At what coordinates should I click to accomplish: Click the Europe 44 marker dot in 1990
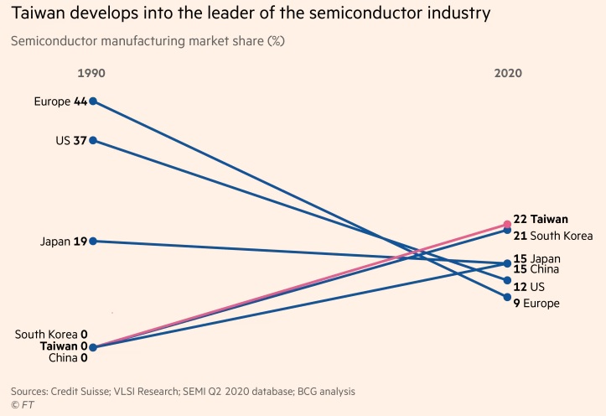click(93, 101)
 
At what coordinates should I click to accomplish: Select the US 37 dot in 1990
click(93, 140)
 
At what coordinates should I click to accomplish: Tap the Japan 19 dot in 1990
click(93, 242)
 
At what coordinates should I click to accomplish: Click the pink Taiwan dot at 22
click(507, 224)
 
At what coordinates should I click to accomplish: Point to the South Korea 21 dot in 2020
click(507, 230)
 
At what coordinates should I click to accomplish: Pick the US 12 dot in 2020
click(507, 281)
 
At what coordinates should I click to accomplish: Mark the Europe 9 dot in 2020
click(507, 296)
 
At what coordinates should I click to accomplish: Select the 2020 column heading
click(508, 74)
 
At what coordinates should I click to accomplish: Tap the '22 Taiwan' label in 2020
click(540, 219)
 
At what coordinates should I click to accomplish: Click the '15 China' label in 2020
click(536, 269)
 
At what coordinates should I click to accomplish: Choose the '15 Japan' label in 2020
click(536, 258)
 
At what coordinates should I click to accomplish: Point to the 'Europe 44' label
click(60, 101)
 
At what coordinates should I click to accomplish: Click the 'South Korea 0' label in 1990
click(51, 334)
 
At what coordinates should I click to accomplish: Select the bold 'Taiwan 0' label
click(64, 346)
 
